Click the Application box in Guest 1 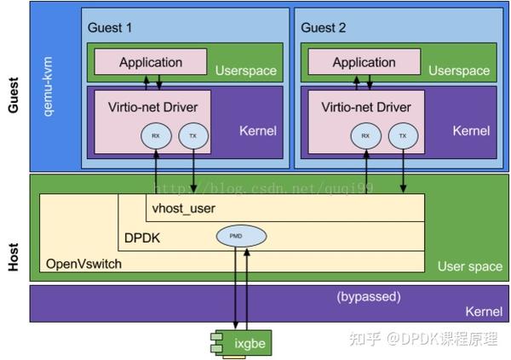(151, 62)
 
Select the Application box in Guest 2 (364, 62)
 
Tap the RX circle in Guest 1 (155, 135)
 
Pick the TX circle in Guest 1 (192, 135)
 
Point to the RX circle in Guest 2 (365, 135)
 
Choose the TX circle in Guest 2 (403, 135)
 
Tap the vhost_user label (184, 209)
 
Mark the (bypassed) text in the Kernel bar (368, 297)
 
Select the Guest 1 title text (110, 27)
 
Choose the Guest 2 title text (323, 27)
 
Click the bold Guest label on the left (14, 94)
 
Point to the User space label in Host (469, 266)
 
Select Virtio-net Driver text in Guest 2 (365, 107)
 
